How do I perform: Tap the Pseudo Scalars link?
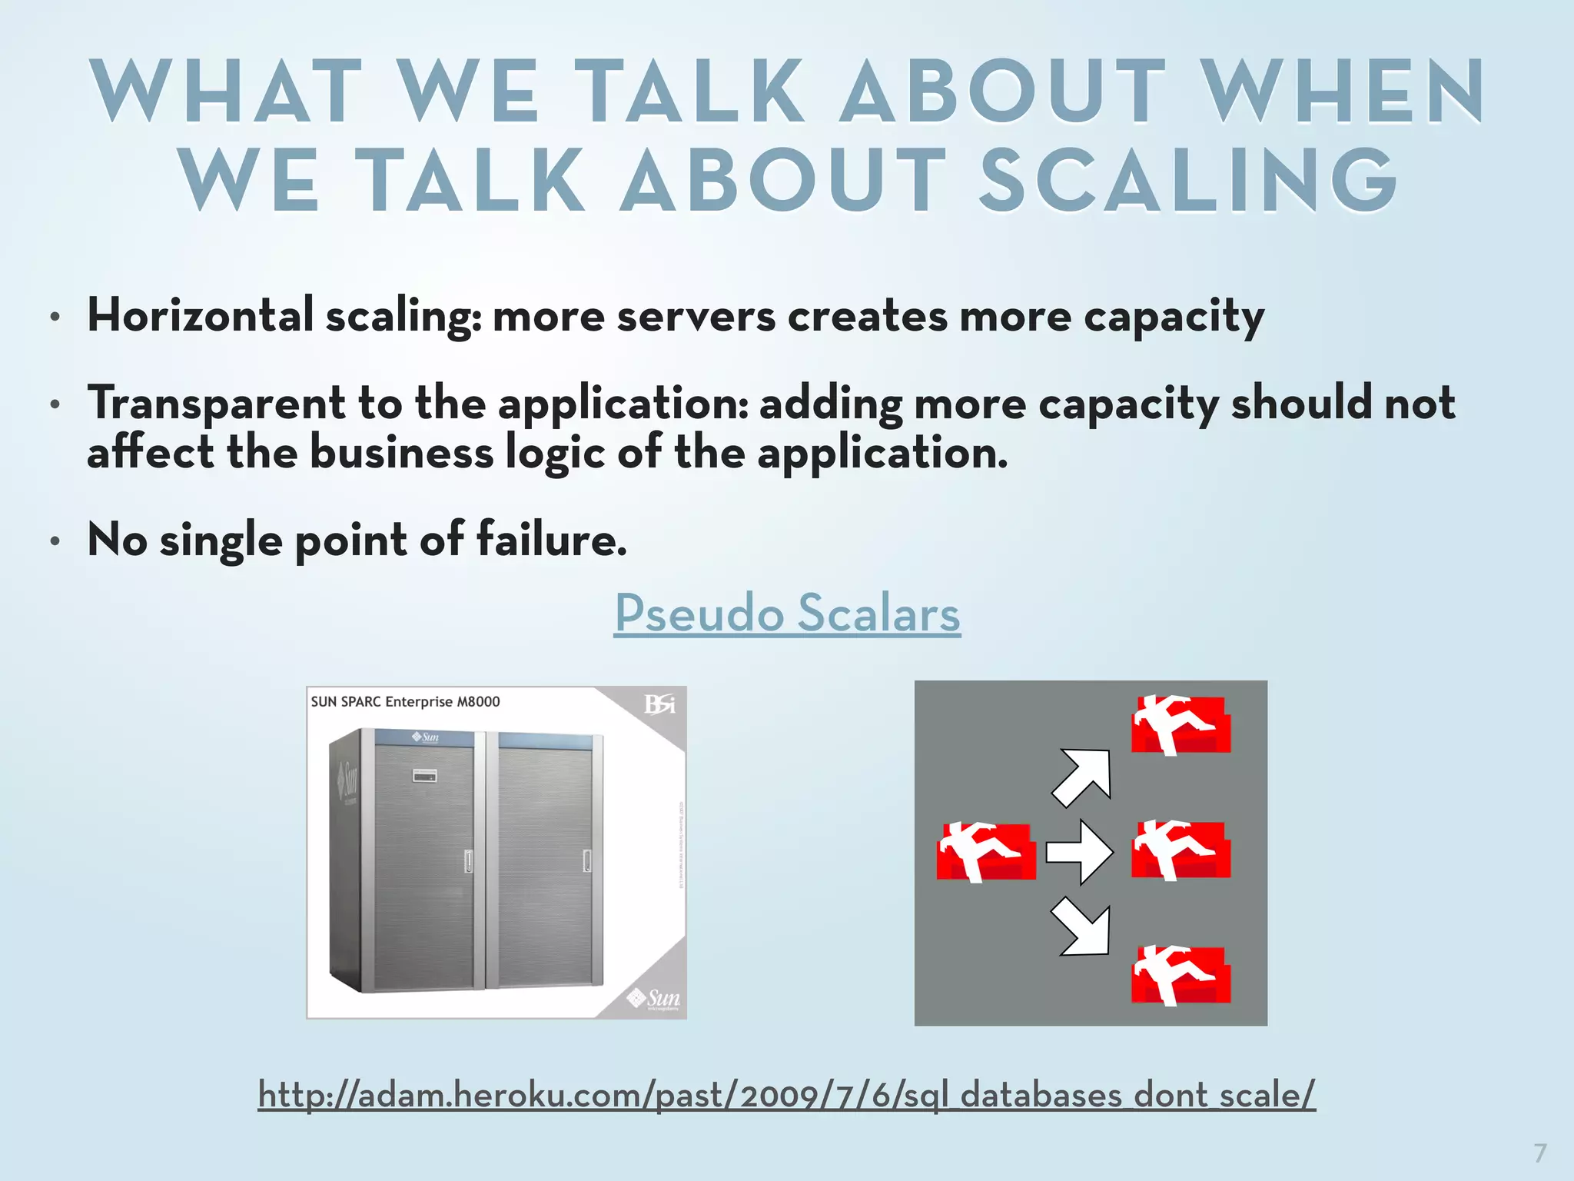[787, 613]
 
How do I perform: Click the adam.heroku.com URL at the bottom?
[786, 1094]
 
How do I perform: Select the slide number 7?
[1539, 1153]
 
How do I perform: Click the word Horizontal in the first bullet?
[201, 315]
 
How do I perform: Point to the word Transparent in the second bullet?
[216, 403]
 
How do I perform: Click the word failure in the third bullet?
[550, 539]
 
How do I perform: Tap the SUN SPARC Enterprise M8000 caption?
[405, 701]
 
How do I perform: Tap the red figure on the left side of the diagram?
[985, 851]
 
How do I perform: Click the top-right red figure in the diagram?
[1180, 724]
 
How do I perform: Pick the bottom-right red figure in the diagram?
[1180, 975]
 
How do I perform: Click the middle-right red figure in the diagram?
[1180, 850]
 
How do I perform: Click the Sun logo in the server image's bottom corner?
[654, 998]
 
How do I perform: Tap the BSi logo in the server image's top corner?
[659, 704]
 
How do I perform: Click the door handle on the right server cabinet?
[586, 860]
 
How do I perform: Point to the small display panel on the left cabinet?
[425, 775]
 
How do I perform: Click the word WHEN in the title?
[1343, 91]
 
